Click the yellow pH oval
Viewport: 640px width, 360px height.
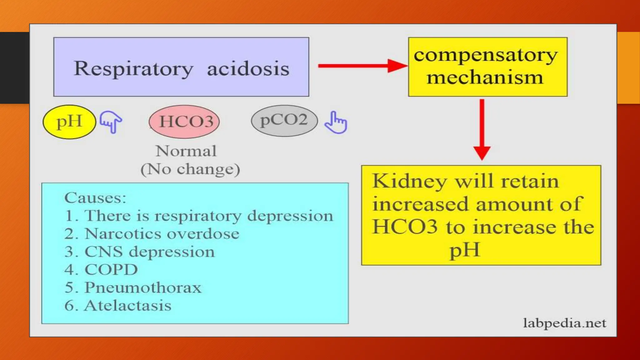click(69, 122)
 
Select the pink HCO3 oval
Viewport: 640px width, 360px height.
click(185, 122)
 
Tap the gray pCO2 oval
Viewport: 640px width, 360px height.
click(284, 120)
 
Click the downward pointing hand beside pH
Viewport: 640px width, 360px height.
click(111, 122)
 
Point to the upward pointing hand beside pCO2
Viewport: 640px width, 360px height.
click(336, 123)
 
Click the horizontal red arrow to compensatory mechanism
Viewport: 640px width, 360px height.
click(362, 66)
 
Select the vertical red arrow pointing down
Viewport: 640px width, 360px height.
click(482, 129)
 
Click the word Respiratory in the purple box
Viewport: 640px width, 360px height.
click(133, 68)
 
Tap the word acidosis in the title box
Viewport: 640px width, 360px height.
click(248, 68)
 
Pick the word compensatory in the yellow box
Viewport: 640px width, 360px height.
click(486, 55)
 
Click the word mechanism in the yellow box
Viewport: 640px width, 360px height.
click(485, 77)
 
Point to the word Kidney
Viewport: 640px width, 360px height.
click(409, 181)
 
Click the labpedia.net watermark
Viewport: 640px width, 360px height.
click(564, 323)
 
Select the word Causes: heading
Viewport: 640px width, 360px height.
click(95, 198)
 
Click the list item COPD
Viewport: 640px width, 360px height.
click(111, 270)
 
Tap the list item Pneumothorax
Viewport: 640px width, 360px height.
click(143, 287)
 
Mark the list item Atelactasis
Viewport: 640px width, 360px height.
click(127, 306)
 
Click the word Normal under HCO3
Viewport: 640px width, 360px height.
click(186, 151)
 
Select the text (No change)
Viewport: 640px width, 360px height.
click(190, 169)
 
